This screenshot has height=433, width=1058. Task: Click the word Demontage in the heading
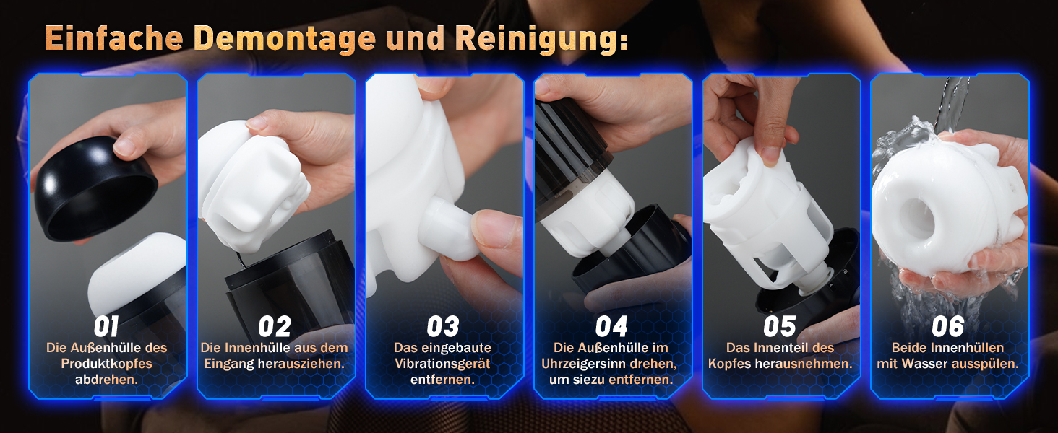(x=285, y=38)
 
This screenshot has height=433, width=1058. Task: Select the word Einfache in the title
(x=114, y=38)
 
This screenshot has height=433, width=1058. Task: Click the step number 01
(x=106, y=326)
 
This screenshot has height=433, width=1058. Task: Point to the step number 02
(x=275, y=326)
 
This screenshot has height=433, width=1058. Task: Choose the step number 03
(x=442, y=326)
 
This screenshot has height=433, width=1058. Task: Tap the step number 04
(x=611, y=326)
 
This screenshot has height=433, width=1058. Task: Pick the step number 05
(x=780, y=326)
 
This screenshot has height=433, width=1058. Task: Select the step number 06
(x=948, y=326)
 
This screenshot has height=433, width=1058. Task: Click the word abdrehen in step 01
(x=106, y=380)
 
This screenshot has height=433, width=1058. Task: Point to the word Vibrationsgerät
(x=442, y=364)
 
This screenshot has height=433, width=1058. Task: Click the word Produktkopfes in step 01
(x=106, y=364)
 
